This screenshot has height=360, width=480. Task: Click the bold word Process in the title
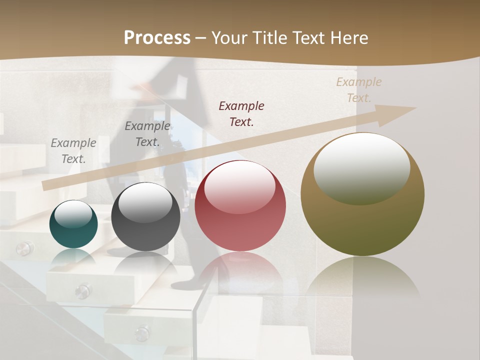(x=157, y=38)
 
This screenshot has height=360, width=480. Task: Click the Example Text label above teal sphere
(x=73, y=151)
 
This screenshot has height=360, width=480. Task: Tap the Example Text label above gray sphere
(x=147, y=134)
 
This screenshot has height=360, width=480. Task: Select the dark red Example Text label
(x=241, y=113)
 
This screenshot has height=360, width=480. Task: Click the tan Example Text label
(x=358, y=90)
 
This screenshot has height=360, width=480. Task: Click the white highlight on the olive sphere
(x=361, y=167)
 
